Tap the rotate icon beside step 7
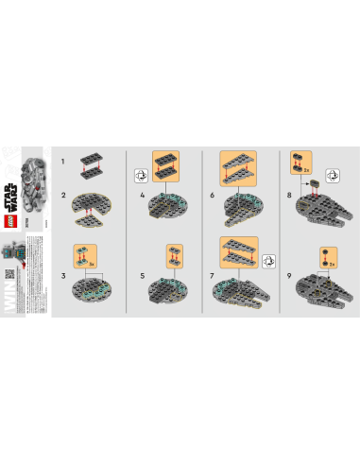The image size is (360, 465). (x=267, y=256)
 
